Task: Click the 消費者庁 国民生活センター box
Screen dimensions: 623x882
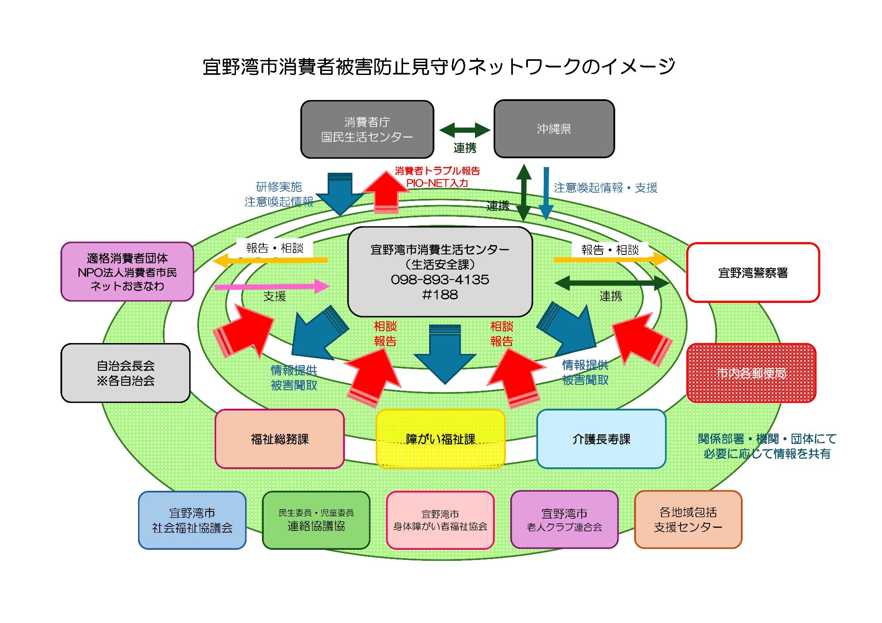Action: pos(367,129)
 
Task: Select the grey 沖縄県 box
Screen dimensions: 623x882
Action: pos(554,129)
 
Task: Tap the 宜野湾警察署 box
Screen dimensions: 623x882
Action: pos(753,272)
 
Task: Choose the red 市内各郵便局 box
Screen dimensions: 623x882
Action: pos(751,373)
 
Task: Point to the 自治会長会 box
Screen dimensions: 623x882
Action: pos(126,373)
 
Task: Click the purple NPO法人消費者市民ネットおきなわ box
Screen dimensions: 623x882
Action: pos(127,272)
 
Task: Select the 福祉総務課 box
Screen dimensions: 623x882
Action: pos(280,439)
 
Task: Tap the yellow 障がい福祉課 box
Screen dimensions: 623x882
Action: pos(440,439)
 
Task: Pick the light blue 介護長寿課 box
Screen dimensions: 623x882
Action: pos(601,439)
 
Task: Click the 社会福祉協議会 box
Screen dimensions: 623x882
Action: pos(192,520)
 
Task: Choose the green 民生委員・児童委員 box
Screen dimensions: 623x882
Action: pos(316,520)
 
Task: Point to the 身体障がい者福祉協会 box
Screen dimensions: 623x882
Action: pos(440,520)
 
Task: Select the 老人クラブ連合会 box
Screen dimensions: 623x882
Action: pos(564,520)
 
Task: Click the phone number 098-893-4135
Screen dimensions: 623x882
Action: pos(440,280)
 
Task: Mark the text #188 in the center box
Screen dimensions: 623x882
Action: pos(440,295)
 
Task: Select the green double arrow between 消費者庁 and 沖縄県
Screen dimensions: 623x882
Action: pos(465,130)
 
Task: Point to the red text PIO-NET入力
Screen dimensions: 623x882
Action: pos(437,183)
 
